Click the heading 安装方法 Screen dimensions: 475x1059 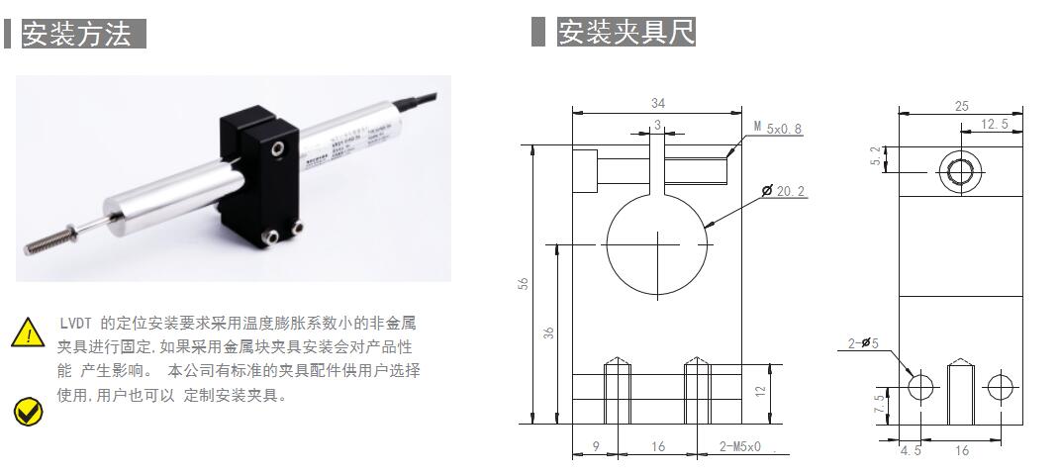(x=77, y=34)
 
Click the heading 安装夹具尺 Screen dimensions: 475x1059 (x=626, y=32)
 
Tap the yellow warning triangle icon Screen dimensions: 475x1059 (x=29, y=332)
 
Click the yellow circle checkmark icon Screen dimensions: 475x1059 (x=28, y=411)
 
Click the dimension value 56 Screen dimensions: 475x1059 (x=525, y=283)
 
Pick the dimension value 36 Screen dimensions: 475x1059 (x=551, y=333)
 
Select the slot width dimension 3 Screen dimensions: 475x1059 (x=656, y=125)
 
